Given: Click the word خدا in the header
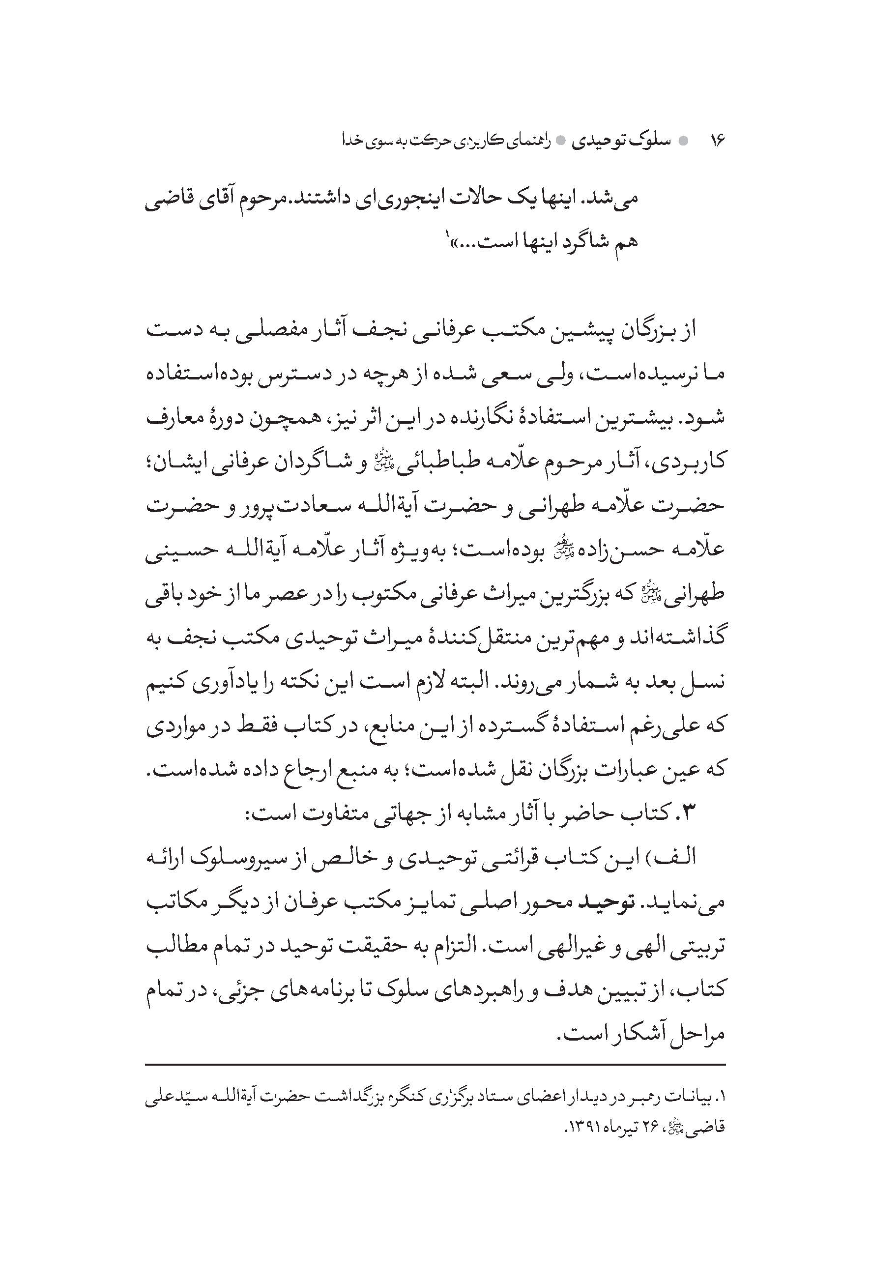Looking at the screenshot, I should click(x=351, y=141).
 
